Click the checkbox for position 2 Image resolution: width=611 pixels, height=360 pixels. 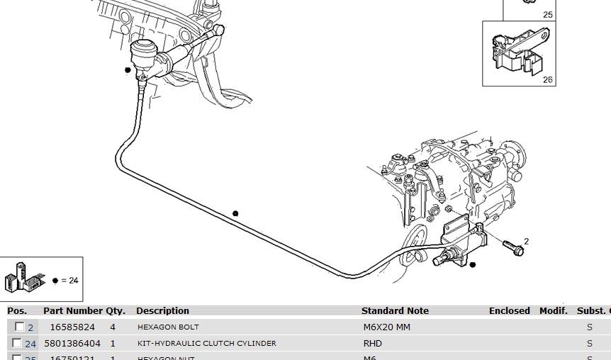tap(19, 327)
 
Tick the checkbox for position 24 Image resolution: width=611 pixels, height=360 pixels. tap(19, 343)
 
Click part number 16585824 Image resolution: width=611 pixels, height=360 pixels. tap(72, 327)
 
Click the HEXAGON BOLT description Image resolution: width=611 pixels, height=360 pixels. tap(168, 327)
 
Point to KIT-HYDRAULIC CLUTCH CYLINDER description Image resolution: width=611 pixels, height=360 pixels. tap(206, 344)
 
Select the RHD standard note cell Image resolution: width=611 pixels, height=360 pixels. tap(372, 344)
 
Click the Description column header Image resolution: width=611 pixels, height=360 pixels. tap(162, 310)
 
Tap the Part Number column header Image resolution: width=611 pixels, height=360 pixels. tap(72, 310)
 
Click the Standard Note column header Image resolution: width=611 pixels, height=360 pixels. tap(395, 310)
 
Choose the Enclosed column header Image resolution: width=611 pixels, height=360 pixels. tap(509, 310)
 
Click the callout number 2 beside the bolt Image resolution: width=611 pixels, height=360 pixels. tap(526, 242)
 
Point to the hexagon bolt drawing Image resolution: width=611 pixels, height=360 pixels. tap(513, 248)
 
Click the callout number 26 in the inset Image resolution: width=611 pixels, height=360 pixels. tap(547, 80)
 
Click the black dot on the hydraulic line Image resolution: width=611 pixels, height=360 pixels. tap(235, 213)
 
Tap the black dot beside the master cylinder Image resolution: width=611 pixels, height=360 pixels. tap(128, 70)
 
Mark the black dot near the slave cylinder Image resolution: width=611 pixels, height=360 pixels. tap(473, 265)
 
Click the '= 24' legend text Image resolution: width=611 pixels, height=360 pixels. tap(69, 280)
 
